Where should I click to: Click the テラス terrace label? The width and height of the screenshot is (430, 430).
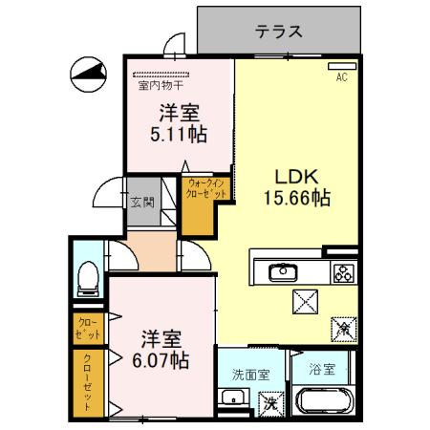[x=279, y=32]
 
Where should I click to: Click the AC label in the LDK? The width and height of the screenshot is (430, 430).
[x=340, y=78]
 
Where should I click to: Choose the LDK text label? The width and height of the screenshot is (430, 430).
[x=297, y=177]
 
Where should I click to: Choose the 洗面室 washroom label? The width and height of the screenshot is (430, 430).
[x=249, y=374]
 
